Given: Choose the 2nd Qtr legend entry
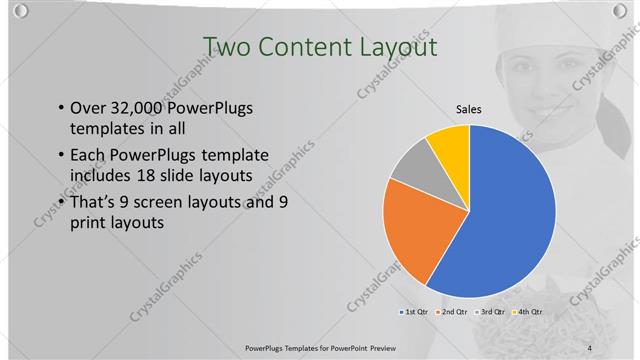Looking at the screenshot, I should [x=452, y=313].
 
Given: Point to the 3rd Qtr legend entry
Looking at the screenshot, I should [x=490, y=313].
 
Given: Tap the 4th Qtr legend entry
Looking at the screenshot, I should [x=527, y=313].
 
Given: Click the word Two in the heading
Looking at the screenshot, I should [x=226, y=47].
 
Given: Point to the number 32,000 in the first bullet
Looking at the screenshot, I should [x=139, y=109].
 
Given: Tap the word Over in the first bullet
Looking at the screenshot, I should [x=88, y=109].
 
